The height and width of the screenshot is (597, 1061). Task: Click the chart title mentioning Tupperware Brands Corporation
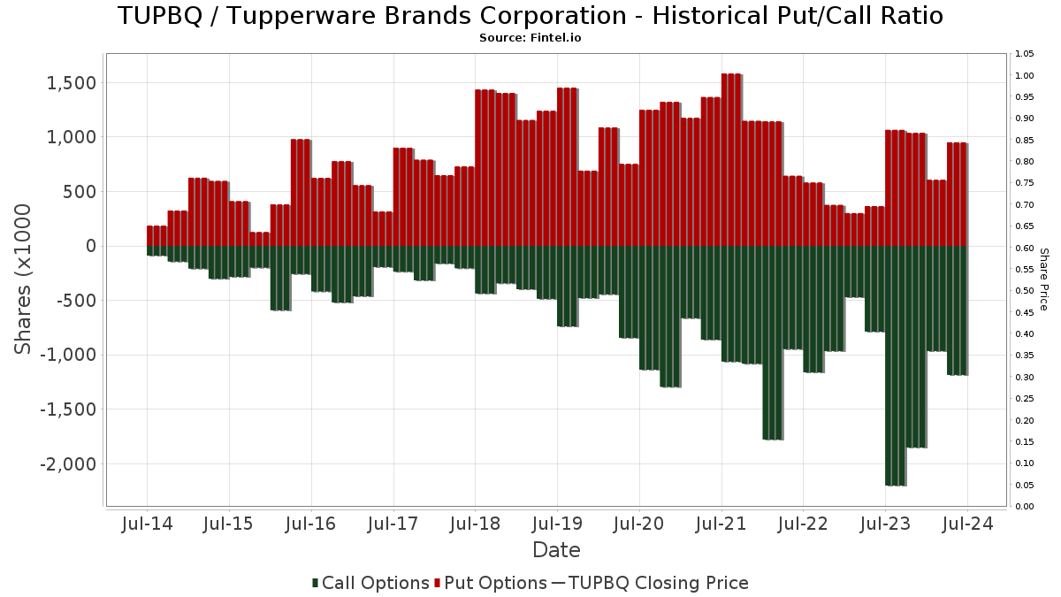(530, 16)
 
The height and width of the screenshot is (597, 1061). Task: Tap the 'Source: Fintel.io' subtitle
(530, 38)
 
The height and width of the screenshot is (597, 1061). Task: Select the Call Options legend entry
(370, 583)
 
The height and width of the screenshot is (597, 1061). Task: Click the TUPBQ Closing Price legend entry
(650, 583)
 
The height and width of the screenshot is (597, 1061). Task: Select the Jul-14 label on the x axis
(147, 524)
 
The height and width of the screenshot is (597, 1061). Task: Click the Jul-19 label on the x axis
(557, 524)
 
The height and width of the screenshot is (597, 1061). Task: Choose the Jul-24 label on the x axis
(967, 524)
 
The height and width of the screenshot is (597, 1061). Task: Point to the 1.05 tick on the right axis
(1025, 54)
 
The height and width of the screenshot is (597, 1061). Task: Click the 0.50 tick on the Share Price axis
(1025, 291)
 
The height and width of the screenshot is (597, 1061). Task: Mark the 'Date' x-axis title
(556, 550)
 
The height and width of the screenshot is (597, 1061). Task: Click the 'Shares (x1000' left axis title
(24, 279)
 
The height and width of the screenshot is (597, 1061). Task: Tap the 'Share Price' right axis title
(1043, 279)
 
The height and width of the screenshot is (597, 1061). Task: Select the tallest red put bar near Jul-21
(731, 159)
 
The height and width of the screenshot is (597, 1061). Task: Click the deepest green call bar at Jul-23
(895, 365)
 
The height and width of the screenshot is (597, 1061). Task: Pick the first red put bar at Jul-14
(156, 236)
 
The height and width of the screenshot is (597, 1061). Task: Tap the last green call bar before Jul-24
(957, 310)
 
